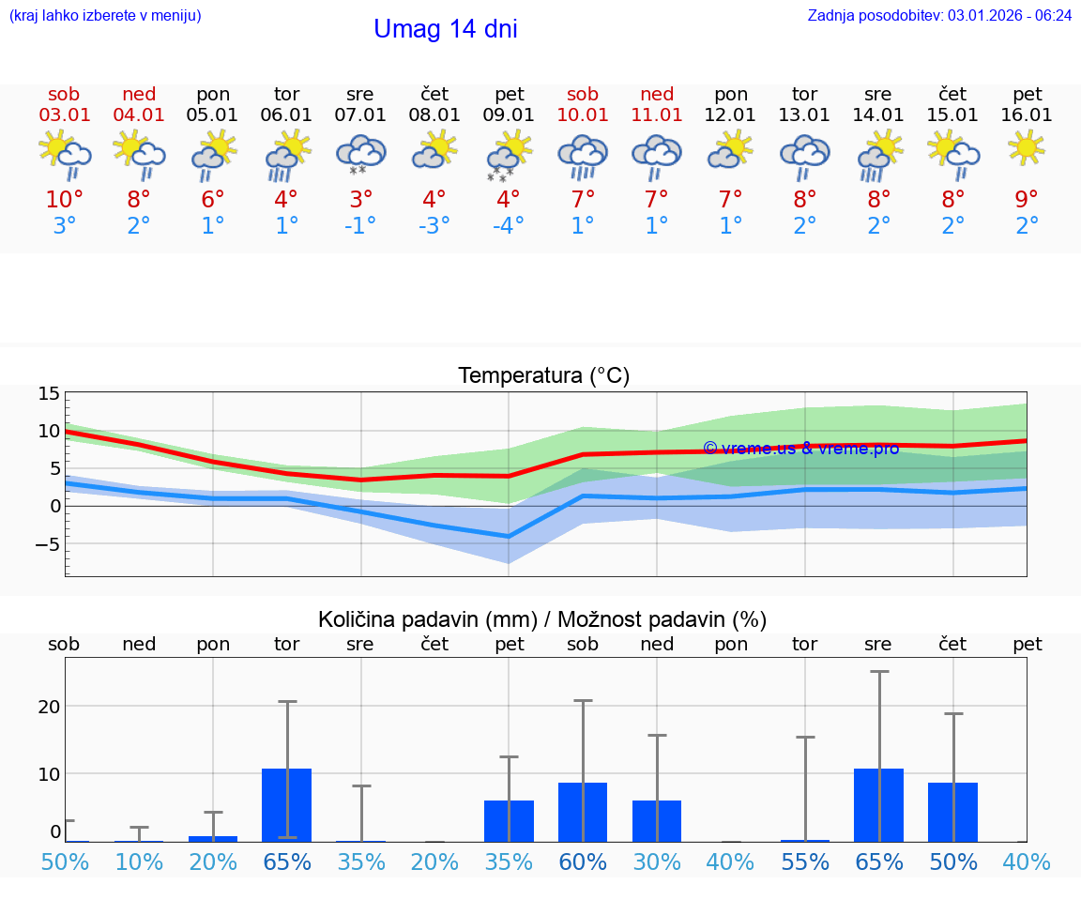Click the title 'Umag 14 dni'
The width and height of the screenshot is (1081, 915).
pyautogui.click(x=445, y=29)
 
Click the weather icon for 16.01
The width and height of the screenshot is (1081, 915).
pyautogui.click(x=1028, y=148)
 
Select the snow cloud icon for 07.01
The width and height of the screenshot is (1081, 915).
pyautogui.click(x=360, y=154)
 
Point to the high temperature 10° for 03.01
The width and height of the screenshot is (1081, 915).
pyautogui.click(x=65, y=200)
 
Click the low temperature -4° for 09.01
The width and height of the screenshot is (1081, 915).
pyautogui.click(x=509, y=226)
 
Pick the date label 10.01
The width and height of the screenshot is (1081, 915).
pyautogui.click(x=583, y=114)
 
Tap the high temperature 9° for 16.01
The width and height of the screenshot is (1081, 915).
pyautogui.click(x=1028, y=200)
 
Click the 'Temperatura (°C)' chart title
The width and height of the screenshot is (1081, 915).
pyautogui.click(x=543, y=376)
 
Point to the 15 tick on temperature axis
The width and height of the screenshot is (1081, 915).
pyautogui.click(x=49, y=393)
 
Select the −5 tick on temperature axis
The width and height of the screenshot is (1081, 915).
pyautogui.click(x=49, y=544)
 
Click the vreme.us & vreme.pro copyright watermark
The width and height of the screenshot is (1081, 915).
pyautogui.click(x=800, y=449)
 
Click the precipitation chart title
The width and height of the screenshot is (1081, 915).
pyautogui.click(x=542, y=619)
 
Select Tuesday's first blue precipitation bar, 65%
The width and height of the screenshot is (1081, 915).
pyautogui.click(x=287, y=804)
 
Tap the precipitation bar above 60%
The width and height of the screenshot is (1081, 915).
pyautogui.click(x=583, y=812)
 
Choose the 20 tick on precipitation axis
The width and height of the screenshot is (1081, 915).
pyautogui.click(x=49, y=706)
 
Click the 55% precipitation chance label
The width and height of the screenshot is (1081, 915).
pyautogui.click(x=805, y=862)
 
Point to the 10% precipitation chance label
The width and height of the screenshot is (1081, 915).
pyautogui.click(x=139, y=862)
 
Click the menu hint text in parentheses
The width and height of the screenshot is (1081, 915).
pyautogui.click(x=105, y=15)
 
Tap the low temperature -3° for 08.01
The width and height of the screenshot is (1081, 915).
pyautogui.click(x=434, y=226)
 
